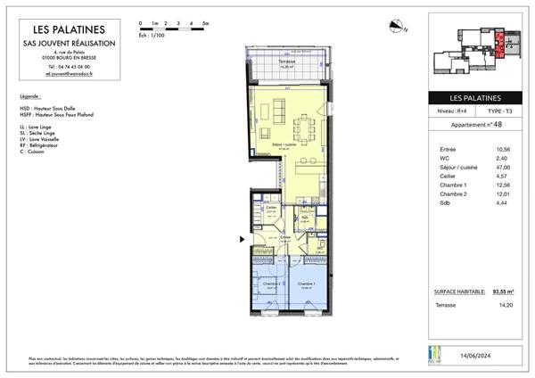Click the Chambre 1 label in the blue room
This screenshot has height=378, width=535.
[304, 284]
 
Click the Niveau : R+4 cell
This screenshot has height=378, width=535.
[450, 111]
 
